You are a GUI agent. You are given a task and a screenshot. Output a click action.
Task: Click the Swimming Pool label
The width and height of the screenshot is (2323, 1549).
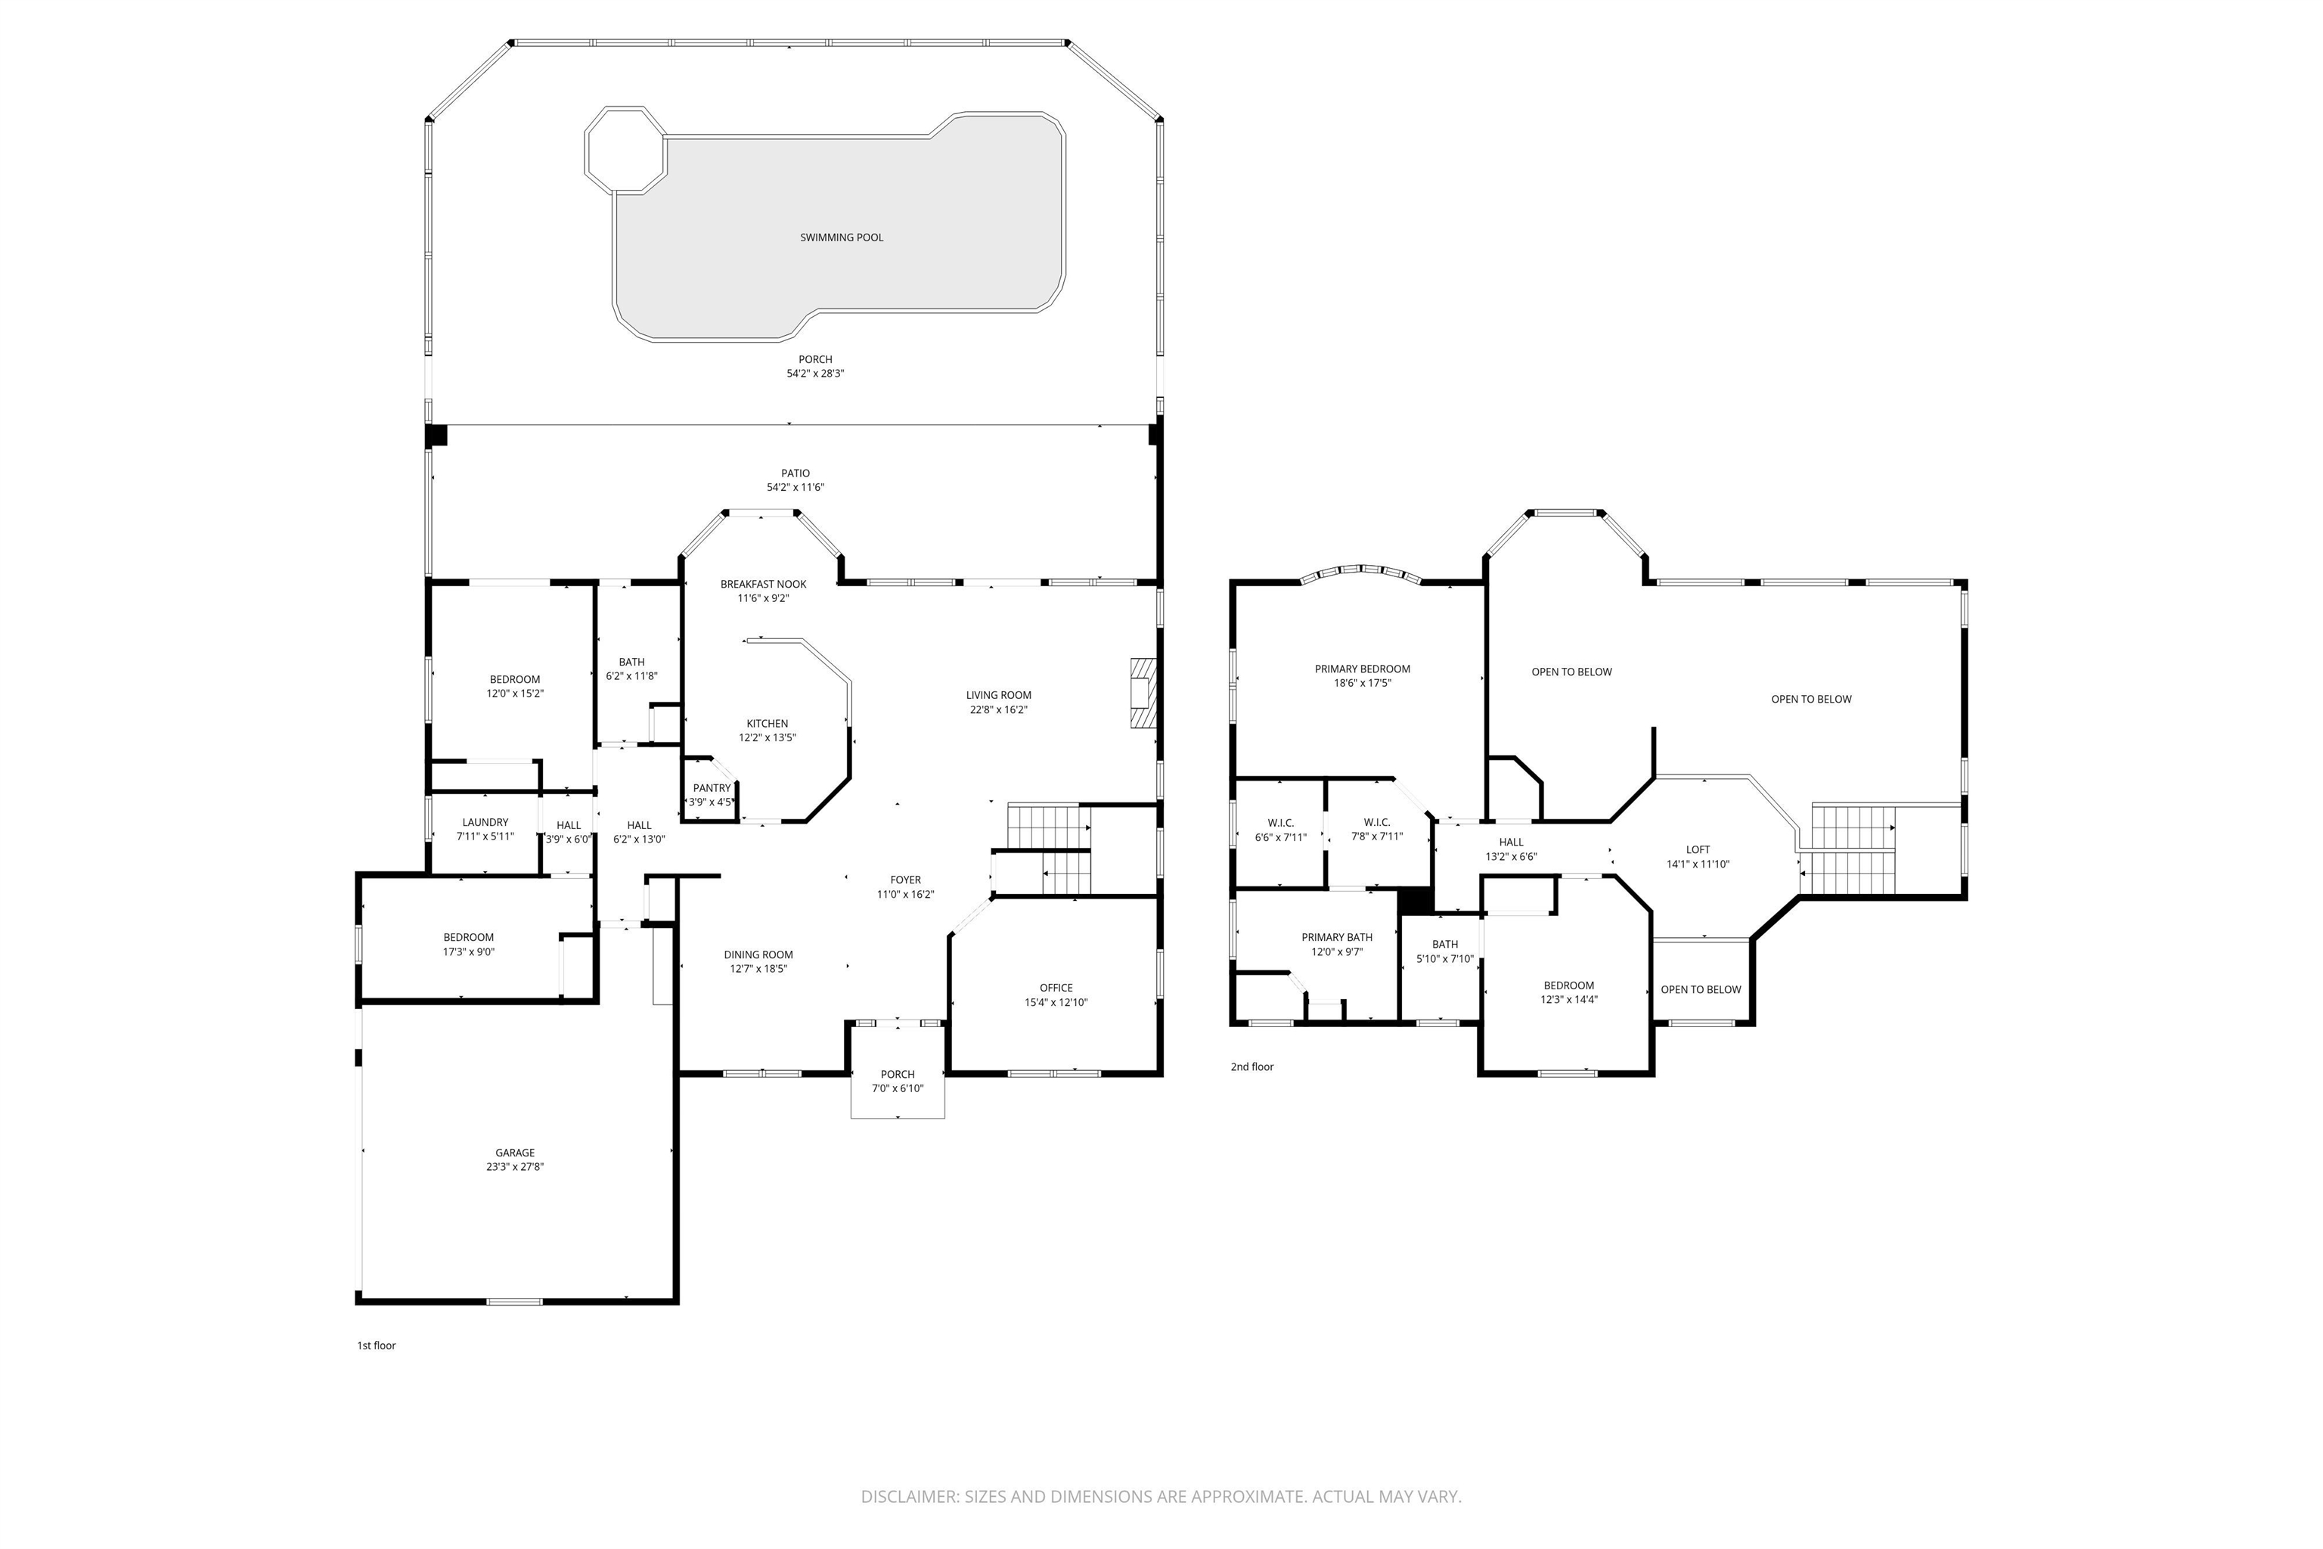coord(842,237)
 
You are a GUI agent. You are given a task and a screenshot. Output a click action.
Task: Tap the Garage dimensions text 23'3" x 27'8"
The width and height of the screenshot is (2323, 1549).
coord(514,1167)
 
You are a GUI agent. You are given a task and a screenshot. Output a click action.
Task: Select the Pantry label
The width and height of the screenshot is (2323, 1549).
coord(711,788)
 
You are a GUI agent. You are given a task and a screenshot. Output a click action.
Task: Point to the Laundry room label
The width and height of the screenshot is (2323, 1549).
coord(485,822)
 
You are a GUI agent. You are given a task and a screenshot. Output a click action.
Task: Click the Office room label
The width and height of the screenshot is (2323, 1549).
coord(1056,988)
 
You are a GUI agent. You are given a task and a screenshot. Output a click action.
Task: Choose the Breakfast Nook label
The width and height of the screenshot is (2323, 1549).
coord(764,584)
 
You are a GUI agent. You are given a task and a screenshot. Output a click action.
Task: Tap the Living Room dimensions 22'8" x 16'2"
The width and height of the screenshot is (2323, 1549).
coord(998,709)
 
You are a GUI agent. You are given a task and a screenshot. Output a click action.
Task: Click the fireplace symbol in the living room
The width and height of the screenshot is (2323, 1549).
coord(1142,694)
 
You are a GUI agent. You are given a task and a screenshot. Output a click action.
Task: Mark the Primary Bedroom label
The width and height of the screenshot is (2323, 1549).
coord(1362,669)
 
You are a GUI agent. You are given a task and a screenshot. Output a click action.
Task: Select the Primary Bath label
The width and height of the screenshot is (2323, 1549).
coord(1336,938)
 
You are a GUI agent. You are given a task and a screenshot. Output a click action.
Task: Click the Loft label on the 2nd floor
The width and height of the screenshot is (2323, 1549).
coord(1698,849)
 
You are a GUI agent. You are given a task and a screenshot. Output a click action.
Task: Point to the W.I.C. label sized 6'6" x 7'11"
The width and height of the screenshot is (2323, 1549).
coord(1280,823)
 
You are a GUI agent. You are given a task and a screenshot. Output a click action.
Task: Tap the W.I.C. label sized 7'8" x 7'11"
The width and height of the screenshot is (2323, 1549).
coord(1377,822)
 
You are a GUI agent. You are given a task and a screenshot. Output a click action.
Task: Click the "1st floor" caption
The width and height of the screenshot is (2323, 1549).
coord(377,1346)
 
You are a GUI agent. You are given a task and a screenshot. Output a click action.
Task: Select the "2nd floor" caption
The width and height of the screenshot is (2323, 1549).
coord(1251,1067)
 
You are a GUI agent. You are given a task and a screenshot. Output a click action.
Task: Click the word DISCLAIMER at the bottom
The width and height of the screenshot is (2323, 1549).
coord(907,1497)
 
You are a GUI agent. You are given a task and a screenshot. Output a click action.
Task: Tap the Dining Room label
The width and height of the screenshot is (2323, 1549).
coord(758,955)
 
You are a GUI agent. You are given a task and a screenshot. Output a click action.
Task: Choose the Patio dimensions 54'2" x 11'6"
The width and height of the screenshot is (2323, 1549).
coord(795,487)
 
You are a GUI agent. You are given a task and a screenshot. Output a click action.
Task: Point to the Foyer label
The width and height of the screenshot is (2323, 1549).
coord(906,879)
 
